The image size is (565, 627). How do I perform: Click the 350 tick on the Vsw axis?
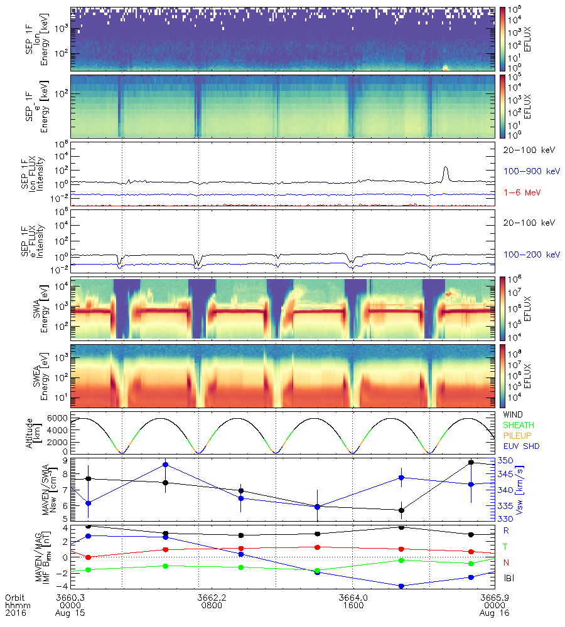click(x=506, y=461)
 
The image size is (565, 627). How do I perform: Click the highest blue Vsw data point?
click(x=165, y=465)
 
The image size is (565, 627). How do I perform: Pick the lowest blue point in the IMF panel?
click(x=401, y=586)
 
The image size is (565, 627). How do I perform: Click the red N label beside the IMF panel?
click(x=506, y=562)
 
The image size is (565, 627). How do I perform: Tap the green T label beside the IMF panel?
click(x=506, y=547)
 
